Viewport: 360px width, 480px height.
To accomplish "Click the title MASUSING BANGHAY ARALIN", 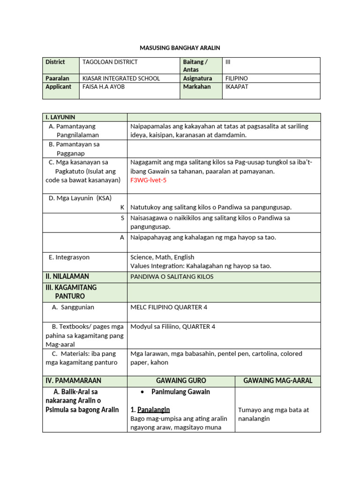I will [x=180, y=48].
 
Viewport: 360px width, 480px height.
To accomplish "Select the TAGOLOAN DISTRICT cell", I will [x=110, y=62].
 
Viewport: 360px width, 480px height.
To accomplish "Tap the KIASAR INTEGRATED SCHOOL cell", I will [x=121, y=78].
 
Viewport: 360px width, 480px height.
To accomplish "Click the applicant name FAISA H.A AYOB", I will [x=103, y=87].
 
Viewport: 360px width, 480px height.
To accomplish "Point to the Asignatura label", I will [x=197, y=78].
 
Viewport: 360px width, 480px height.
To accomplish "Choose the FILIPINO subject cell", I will [x=237, y=78].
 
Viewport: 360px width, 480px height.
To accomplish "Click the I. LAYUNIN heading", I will [x=60, y=117].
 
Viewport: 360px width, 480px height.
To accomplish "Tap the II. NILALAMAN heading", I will [x=67, y=277].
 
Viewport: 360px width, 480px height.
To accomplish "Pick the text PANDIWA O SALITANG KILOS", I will [x=172, y=277].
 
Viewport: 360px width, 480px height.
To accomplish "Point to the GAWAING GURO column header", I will [x=181, y=381].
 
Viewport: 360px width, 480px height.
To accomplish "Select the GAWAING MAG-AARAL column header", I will [x=278, y=381].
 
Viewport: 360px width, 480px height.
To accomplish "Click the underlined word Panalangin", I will [x=153, y=409].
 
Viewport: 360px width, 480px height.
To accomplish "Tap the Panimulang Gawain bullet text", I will [x=180, y=392].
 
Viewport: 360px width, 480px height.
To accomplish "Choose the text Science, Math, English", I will [x=162, y=257].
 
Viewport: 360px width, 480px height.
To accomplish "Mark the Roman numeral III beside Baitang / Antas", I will [x=228, y=62].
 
